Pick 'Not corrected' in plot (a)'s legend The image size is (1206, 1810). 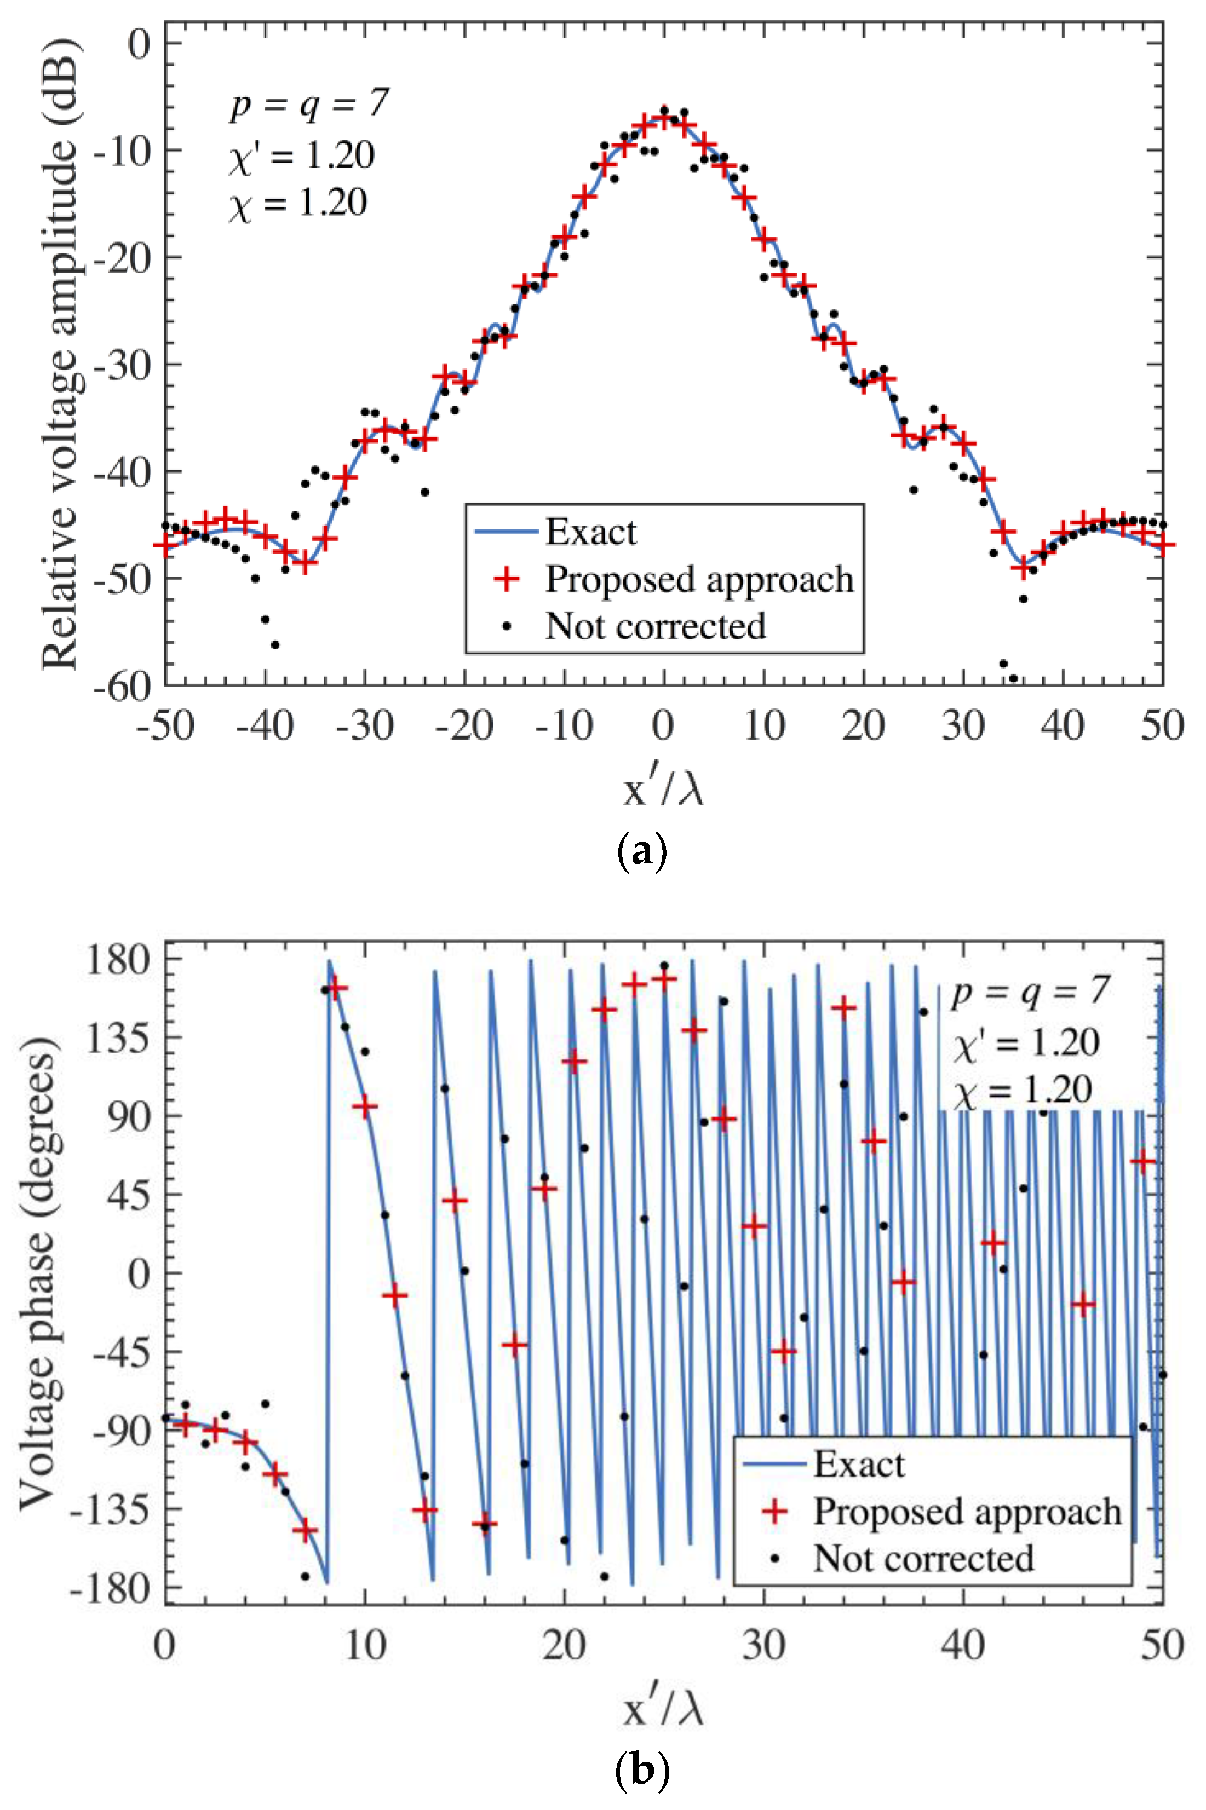pos(654,627)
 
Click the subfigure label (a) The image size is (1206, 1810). pos(641,852)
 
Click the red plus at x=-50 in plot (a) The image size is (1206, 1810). pos(165,544)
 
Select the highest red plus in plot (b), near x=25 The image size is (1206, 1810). pos(664,979)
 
